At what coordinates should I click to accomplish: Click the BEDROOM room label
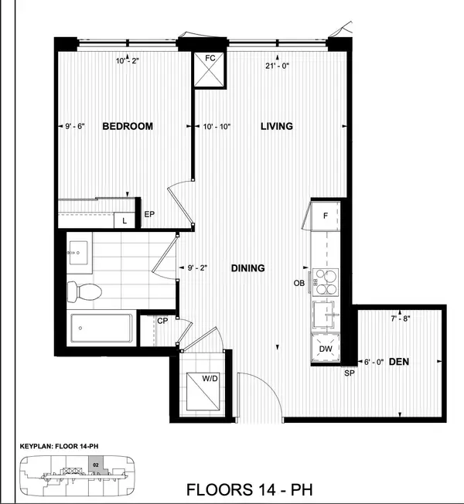point(128,126)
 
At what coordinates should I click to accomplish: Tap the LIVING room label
point(276,126)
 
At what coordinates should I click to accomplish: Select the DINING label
point(247,268)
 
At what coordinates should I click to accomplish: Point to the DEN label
point(399,360)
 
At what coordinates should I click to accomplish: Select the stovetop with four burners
point(325,282)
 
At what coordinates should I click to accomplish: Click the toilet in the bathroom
point(84,291)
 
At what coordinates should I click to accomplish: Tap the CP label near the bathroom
point(162,321)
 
